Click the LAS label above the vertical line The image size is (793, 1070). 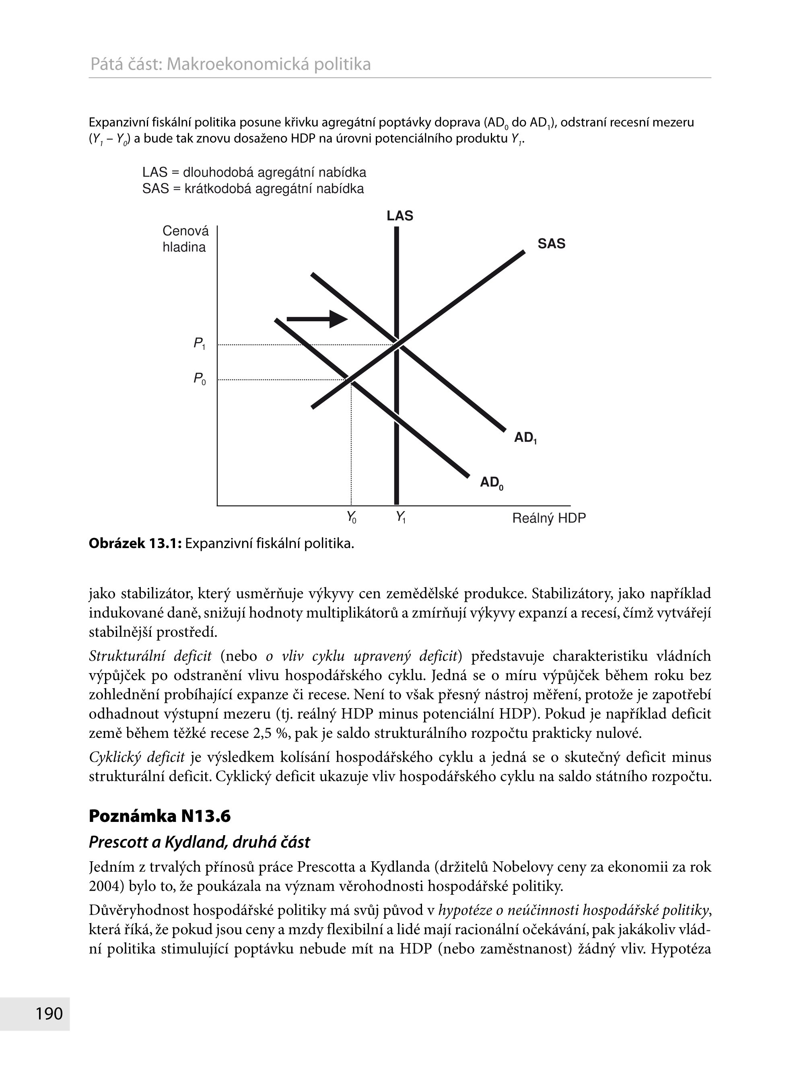(400, 216)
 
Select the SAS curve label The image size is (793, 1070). (551, 244)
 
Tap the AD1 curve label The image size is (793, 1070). (525, 437)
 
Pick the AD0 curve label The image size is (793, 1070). (492, 483)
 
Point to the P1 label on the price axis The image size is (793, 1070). (199, 343)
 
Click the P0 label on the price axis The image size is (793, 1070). (199, 379)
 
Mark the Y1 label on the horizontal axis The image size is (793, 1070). (400, 517)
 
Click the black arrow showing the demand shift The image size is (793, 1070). (317, 318)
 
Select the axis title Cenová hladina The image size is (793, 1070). (185, 239)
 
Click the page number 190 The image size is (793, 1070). (49, 1013)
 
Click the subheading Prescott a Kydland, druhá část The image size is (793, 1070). (199, 842)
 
